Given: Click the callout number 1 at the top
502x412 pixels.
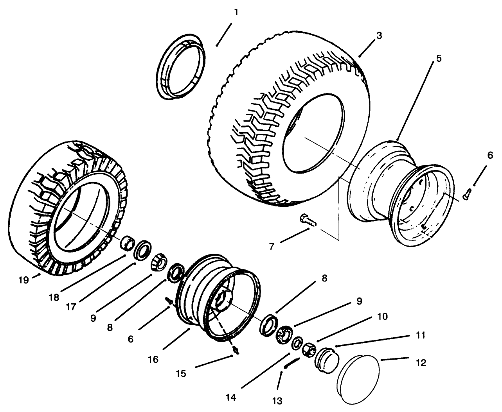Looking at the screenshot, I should tap(236, 12).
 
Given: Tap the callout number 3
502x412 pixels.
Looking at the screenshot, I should tap(379, 35).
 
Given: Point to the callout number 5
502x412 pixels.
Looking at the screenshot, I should tap(439, 58).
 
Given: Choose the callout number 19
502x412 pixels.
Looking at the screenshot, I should tap(24, 280).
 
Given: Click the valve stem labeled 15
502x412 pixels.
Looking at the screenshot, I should tap(236, 349).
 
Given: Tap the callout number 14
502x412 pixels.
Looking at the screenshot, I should tap(231, 397).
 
